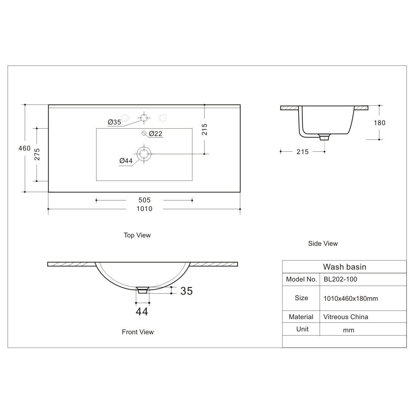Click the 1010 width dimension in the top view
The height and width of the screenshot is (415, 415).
(144, 209)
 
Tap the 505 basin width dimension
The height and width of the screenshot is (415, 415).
(144, 200)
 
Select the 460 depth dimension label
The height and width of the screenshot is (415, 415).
(24, 148)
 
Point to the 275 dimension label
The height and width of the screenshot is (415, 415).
(37, 154)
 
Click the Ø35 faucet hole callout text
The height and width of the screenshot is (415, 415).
(114, 122)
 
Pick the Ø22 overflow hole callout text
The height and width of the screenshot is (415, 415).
(155, 134)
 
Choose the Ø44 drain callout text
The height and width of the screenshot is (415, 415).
(126, 161)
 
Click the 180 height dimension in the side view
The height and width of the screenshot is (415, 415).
(380, 123)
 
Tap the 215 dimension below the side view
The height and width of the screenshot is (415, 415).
(303, 152)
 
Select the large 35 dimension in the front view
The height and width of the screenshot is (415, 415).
(187, 291)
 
